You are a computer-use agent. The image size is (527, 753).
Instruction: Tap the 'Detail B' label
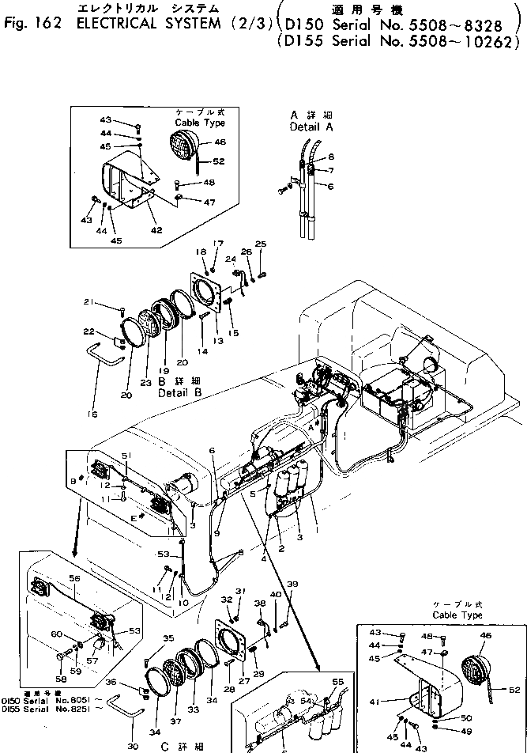(179, 392)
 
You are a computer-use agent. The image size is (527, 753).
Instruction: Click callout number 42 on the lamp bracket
(156, 230)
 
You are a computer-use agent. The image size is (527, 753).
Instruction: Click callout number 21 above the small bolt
(89, 302)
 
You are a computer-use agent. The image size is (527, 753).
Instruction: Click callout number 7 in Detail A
(331, 171)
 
